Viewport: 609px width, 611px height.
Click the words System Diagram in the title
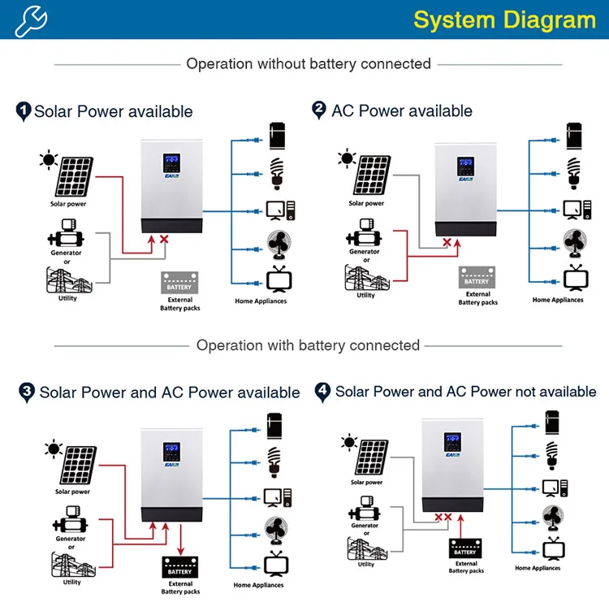pyautogui.click(x=504, y=19)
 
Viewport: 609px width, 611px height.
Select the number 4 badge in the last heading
pyautogui.click(x=323, y=392)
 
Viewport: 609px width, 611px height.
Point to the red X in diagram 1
pyautogui.click(x=165, y=240)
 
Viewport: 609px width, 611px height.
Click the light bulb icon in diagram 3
pyautogui.click(x=274, y=461)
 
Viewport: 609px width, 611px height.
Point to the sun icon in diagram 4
pyautogui.click(x=350, y=443)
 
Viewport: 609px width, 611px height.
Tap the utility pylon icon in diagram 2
pyautogui.click(x=365, y=277)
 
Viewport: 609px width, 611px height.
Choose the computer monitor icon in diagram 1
pyautogui.click(x=279, y=208)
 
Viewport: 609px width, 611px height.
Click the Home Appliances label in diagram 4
pyautogui.click(x=538, y=568)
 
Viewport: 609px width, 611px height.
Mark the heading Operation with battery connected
pyautogui.click(x=308, y=345)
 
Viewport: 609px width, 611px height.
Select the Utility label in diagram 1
pyautogui.click(x=68, y=298)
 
